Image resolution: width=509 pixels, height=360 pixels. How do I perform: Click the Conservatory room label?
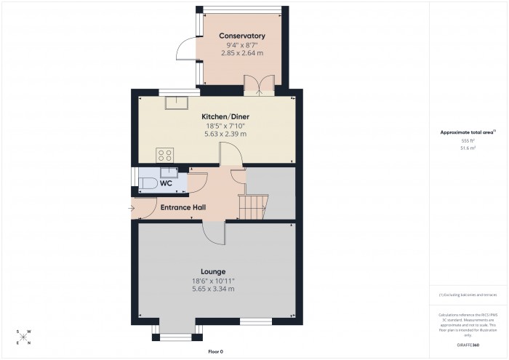243,36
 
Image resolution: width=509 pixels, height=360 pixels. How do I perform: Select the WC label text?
165,183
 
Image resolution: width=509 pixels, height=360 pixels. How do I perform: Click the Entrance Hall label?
183,207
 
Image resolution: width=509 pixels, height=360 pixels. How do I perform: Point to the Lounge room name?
214,271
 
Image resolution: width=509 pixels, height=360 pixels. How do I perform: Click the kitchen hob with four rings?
164,154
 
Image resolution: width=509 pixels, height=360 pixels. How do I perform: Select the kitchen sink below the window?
176,103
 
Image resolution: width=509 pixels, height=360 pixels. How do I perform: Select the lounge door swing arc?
215,233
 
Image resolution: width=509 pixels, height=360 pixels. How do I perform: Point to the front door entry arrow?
131,209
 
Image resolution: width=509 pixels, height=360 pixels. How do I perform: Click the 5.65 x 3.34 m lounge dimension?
213,289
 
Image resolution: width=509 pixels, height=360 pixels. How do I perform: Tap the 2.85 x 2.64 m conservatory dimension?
243,53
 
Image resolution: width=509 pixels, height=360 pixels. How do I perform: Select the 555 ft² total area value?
468,141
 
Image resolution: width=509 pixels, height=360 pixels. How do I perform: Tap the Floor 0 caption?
215,352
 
